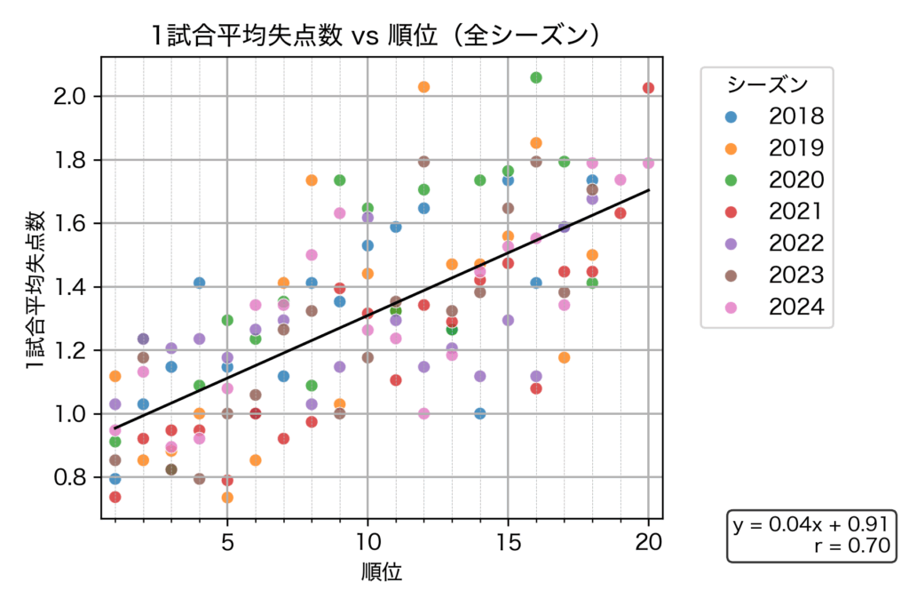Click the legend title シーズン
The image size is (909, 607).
coord(767,84)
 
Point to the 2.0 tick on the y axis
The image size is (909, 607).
coord(70,96)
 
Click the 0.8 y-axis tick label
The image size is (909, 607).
coord(70,477)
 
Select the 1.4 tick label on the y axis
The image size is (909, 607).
coord(70,287)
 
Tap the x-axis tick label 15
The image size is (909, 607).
coord(508,542)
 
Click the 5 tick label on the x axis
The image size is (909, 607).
coord(227,542)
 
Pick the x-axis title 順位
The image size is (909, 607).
coord(382,573)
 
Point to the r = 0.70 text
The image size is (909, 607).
coord(851,546)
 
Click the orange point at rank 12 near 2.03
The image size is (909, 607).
coord(423,87)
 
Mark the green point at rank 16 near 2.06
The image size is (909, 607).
coord(536,77)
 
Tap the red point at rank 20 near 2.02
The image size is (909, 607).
coord(648,88)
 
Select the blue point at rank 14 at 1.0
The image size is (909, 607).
coord(480,413)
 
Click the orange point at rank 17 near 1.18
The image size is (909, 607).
coord(564,357)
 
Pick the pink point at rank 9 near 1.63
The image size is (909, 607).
coord(339,213)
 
